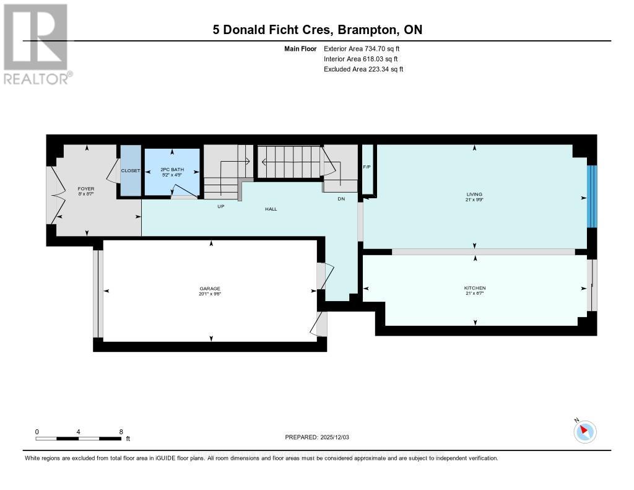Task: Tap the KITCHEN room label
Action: click(x=475, y=288)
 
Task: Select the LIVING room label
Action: click(x=475, y=195)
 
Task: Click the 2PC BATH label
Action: click(x=172, y=170)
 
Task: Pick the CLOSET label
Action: click(x=131, y=170)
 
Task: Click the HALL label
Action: click(x=271, y=209)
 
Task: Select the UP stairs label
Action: click(x=220, y=206)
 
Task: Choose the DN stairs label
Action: click(x=341, y=199)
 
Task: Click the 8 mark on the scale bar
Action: click(x=121, y=432)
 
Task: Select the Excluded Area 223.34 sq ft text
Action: click(x=363, y=69)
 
